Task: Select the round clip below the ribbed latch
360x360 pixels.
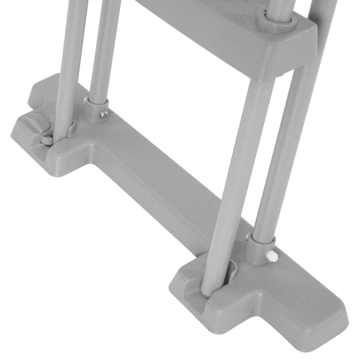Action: [46, 140]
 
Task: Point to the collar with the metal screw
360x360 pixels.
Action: [96, 110]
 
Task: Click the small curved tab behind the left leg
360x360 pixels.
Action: [72, 129]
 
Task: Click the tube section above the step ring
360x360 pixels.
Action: [279, 7]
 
